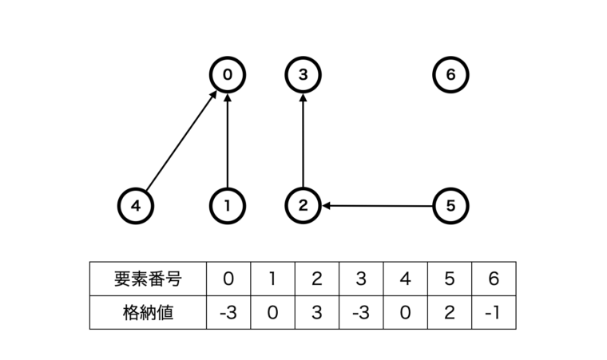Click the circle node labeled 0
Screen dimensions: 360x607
(228, 76)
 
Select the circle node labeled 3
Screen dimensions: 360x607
(303, 76)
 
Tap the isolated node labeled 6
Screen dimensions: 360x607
(450, 76)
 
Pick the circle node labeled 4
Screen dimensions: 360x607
(136, 206)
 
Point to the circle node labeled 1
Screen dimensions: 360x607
(228, 206)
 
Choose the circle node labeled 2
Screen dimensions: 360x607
(303, 206)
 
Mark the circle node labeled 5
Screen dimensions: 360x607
(450, 206)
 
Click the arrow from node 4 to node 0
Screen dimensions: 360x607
(182, 141)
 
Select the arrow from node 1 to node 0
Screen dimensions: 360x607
(228, 141)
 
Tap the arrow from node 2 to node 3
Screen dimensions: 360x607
(303, 141)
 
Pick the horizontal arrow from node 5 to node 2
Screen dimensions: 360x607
(377, 206)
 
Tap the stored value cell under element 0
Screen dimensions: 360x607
(228, 312)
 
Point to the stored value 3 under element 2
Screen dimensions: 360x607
(316, 312)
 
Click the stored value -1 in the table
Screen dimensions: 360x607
(494, 312)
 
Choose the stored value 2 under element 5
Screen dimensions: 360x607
(449, 312)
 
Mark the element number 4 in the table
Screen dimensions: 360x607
(405, 279)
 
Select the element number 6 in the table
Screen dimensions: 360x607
(494, 279)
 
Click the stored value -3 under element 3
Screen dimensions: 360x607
(360, 312)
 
